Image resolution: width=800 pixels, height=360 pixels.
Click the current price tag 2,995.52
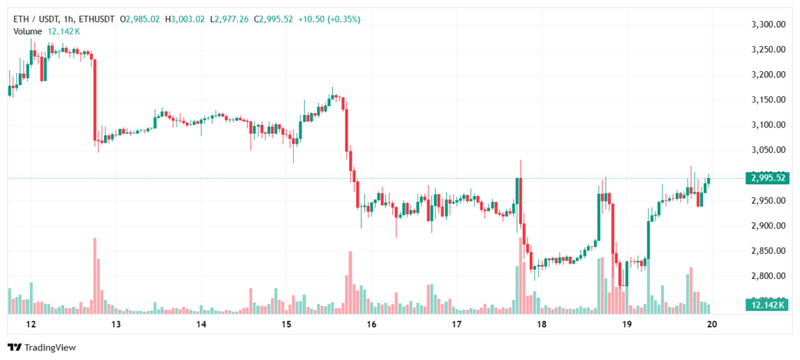pos(767,178)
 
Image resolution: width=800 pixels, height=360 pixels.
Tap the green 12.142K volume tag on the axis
pos(767,305)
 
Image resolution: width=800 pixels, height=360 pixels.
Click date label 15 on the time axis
pos(286,323)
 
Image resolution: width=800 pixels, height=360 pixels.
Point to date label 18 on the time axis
pos(541,323)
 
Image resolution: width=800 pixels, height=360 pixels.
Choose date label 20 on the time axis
pos(712,323)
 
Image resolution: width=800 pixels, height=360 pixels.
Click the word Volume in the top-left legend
pos(28,31)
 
